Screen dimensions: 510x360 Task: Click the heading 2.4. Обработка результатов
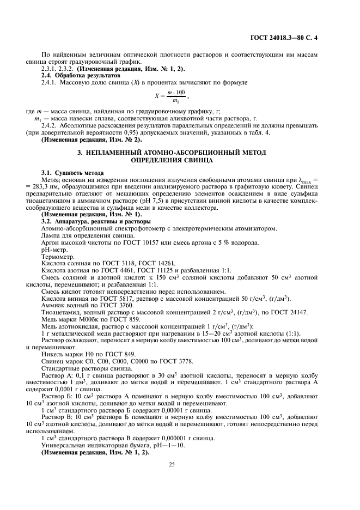(x=77, y=75)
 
